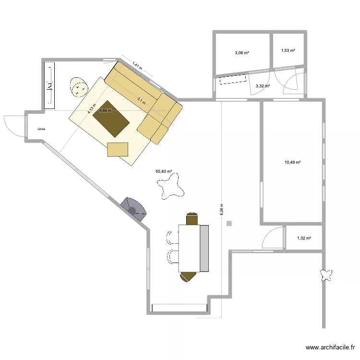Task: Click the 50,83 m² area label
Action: coord(164,171)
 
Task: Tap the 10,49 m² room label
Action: coord(292,162)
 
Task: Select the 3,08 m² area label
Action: coord(242,53)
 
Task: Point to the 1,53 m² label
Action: coord(288,50)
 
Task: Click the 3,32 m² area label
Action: coord(263,86)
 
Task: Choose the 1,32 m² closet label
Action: coord(304,238)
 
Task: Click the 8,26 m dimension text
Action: coord(222,209)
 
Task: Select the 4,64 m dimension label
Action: coord(105,110)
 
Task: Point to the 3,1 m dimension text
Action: coord(142,101)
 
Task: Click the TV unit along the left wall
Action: coord(49,85)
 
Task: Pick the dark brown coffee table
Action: coord(111,119)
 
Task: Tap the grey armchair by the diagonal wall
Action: coord(134,209)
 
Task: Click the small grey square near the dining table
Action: coord(229,223)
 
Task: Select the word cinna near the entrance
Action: coord(41,129)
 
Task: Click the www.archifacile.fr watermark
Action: coord(330,348)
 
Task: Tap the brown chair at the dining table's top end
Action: coord(192,219)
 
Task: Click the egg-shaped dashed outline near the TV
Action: coord(79,87)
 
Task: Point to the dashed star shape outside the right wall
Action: coord(326,276)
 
